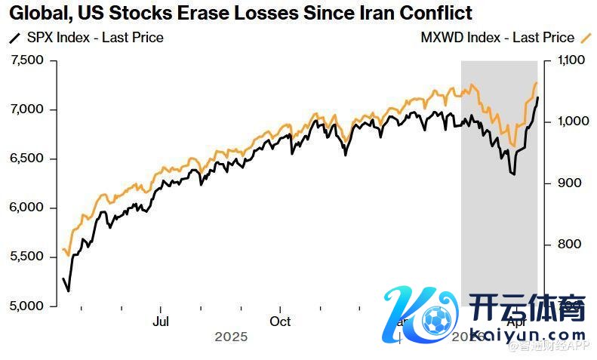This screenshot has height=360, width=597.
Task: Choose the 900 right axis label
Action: pos(567,183)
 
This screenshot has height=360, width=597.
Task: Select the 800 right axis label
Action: pos(567,244)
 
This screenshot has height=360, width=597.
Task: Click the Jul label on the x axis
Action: pos(160,322)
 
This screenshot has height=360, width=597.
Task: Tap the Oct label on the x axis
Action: pos(280,322)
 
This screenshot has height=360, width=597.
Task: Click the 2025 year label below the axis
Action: pos(231,337)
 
